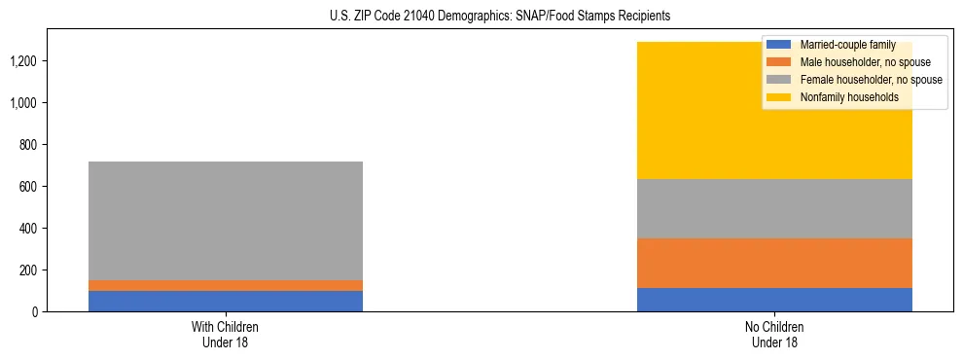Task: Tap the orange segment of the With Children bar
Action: pyautogui.click(x=226, y=285)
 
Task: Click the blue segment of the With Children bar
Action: pyautogui.click(x=226, y=301)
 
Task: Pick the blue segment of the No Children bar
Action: pyautogui.click(x=774, y=300)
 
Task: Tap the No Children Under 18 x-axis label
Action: pyautogui.click(x=774, y=335)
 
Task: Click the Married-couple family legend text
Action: pyautogui.click(x=847, y=45)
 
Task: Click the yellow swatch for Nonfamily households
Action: pyautogui.click(x=779, y=97)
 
